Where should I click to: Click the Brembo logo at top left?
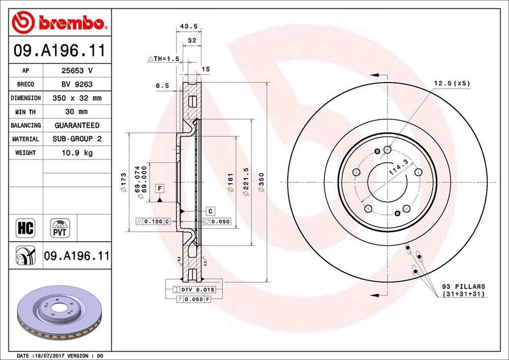click(60, 22)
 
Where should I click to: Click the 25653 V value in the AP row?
click(77, 71)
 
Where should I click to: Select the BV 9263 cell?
click(77, 85)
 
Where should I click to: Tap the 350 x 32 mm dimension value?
click(77, 98)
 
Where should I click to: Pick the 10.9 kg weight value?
click(77, 153)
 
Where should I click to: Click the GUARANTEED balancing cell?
click(77, 125)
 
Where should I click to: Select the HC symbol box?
click(25, 228)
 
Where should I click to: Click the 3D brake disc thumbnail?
click(60, 313)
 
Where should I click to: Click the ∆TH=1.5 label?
click(164, 59)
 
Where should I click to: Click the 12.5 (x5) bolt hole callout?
click(451, 83)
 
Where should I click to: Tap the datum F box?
click(160, 188)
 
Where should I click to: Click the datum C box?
click(210, 211)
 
